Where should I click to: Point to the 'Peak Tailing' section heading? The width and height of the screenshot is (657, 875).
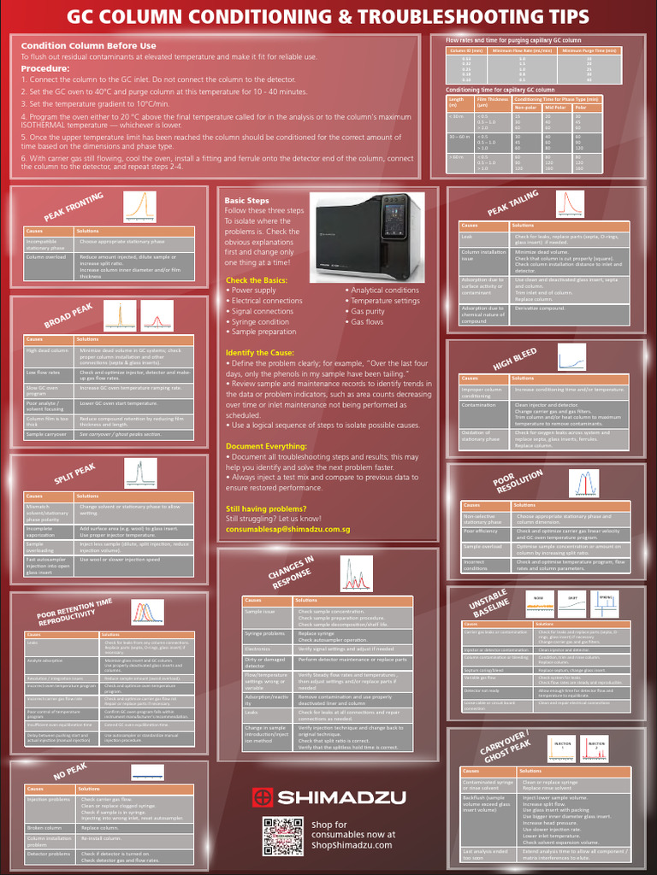pyautogui.click(x=512, y=205)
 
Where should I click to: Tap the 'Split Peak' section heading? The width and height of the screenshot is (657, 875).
pyautogui.click(x=74, y=475)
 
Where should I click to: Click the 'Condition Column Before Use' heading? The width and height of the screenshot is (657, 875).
pyautogui.click(x=88, y=46)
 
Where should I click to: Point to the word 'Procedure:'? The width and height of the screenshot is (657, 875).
pyautogui.click(x=45, y=68)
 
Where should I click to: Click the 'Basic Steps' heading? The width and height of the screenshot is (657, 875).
pyautogui.click(x=246, y=201)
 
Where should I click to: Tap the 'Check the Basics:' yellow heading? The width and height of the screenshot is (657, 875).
pyautogui.click(x=257, y=280)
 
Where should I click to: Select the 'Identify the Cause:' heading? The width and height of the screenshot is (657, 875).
pyautogui.click(x=260, y=353)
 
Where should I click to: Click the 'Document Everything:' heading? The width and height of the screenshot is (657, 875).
pyautogui.click(x=265, y=446)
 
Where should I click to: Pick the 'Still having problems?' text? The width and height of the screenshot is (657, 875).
pyautogui.click(x=262, y=508)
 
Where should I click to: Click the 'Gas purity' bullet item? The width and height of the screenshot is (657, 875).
pyautogui.click(x=367, y=311)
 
